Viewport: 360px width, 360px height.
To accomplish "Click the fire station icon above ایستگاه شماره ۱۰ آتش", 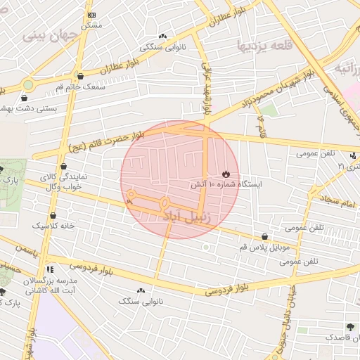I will tap(226, 174).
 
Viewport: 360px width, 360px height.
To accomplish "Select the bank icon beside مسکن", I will tap(91, 15).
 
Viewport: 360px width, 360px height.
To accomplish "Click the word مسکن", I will tap(91, 25).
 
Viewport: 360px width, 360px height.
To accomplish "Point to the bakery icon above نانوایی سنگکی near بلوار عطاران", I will tap(163, 36).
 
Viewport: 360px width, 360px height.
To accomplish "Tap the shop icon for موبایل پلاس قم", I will tap(264, 237).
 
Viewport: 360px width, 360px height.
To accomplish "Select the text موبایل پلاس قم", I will tap(264, 247).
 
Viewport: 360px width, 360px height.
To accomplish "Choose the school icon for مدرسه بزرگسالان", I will tap(49, 269).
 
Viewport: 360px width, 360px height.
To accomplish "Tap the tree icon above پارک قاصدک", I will tap(349, 327).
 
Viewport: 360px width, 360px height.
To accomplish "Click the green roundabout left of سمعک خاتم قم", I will tap(27, 84).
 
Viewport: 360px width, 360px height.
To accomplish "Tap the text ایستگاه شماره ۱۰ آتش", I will tap(226, 184).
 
